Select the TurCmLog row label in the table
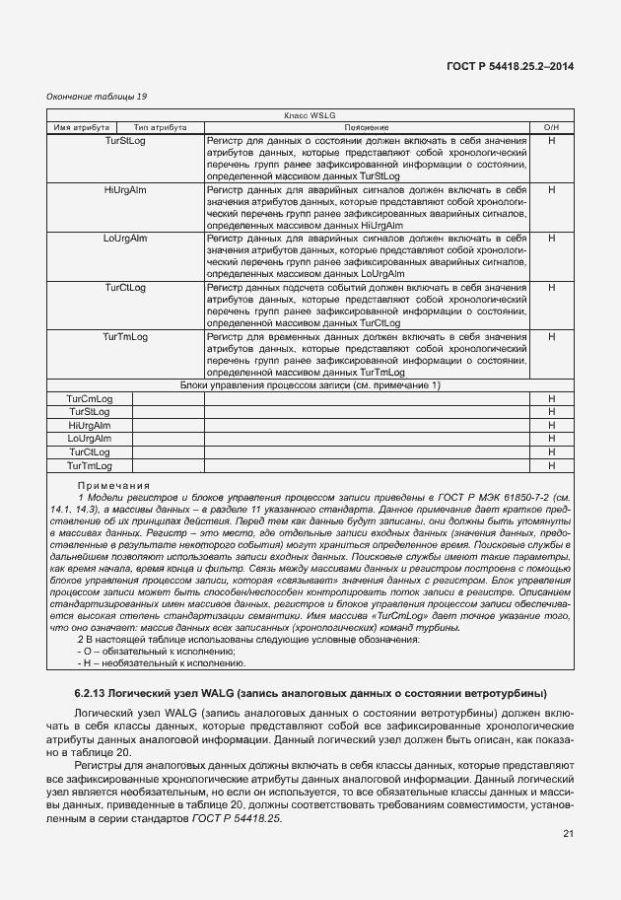point(90,397)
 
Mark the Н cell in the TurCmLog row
point(551,397)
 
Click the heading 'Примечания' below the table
point(113,486)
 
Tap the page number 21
point(568,834)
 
